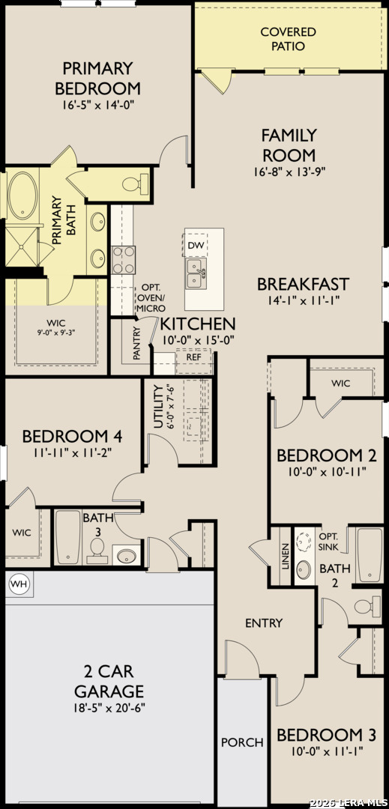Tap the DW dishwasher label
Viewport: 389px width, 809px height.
pyautogui.click(x=195, y=244)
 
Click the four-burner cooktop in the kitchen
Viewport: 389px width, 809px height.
pyautogui.click(x=124, y=259)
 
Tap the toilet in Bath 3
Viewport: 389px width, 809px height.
pyautogui.click(x=96, y=551)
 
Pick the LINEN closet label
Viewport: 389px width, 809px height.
pyautogui.click(x=286, y=556)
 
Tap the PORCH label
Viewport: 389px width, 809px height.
pyautogui.click(x=242, y=742)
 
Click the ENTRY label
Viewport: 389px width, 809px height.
pyautogui.click(x=264, y=623)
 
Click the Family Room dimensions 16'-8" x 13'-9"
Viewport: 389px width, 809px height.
pyautogui.click(x=288, y=170)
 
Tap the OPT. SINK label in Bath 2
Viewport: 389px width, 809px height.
pyautogui.click(x=329, y=542)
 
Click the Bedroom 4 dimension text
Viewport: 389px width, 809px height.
pyautogui.click(x=72, y=453)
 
